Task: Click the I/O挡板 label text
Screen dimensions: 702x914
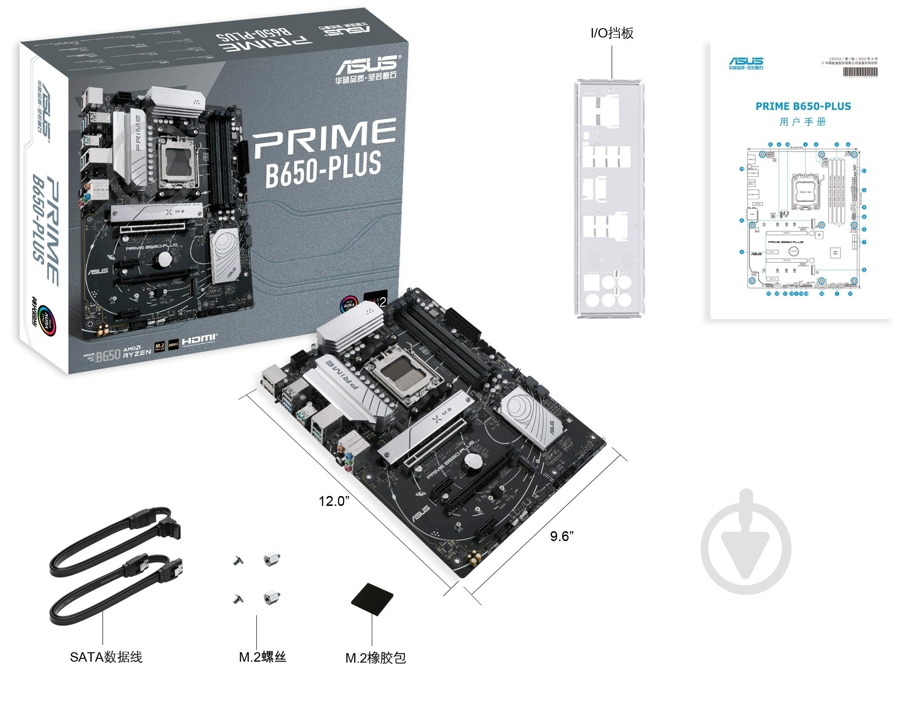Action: [x=612, y=33]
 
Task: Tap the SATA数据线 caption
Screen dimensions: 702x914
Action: [x=106, y=657]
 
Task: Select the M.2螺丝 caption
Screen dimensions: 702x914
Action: [x=262, y=657]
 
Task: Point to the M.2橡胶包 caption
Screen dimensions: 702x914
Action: [x=375, y=658]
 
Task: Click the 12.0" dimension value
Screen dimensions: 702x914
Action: [x=334, y=501]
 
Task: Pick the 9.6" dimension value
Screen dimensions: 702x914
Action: [x=562, y=536]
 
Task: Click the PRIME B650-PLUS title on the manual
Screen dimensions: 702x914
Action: [x=803, y=107]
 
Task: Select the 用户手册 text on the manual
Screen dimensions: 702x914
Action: [x=802, y=122]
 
